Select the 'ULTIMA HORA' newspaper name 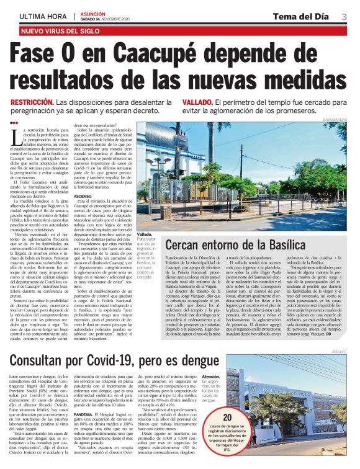click(43, 16)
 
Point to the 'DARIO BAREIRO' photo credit click(335, 119)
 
